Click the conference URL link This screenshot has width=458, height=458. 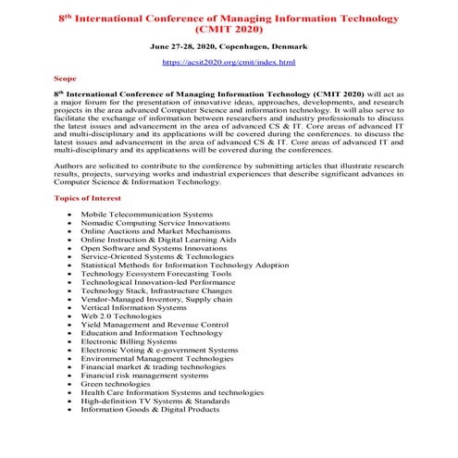229,61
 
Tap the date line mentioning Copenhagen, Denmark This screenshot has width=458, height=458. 229,44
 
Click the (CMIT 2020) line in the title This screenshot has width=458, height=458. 229,29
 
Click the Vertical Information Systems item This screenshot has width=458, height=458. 133,308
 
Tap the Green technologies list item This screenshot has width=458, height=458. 119,384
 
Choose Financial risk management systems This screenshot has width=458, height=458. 144,376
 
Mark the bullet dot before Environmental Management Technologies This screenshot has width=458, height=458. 70,359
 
